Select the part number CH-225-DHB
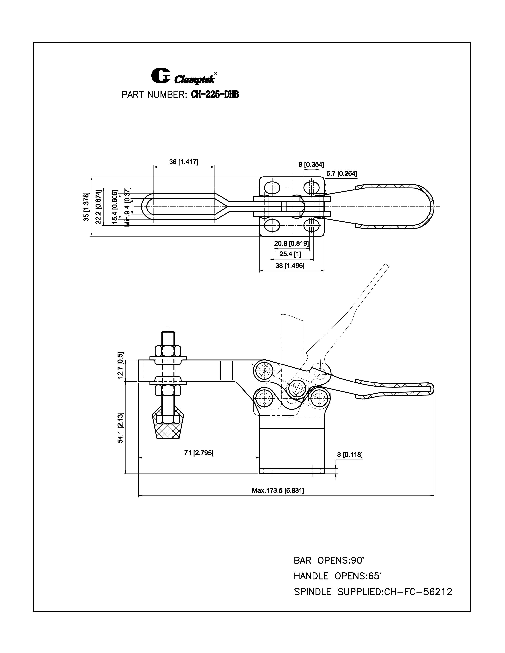click(x=214, y=95)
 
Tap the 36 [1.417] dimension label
click(x=183, y=162)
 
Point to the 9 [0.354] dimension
click(x=311, y=164)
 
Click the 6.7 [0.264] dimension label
click(x=341, y=173)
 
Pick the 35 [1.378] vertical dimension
click(x=86, y=207)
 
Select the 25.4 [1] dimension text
click(x=290, y=254)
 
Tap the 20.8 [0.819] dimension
click(x=291, y=243)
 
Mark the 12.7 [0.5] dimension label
click(x=120, y=370)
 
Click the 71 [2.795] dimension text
click(x=199, y=453)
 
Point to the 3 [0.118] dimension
click(x=350, y=455)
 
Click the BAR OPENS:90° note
click(x=329, y=561)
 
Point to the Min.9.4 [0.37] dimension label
click(x=127, y=207)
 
